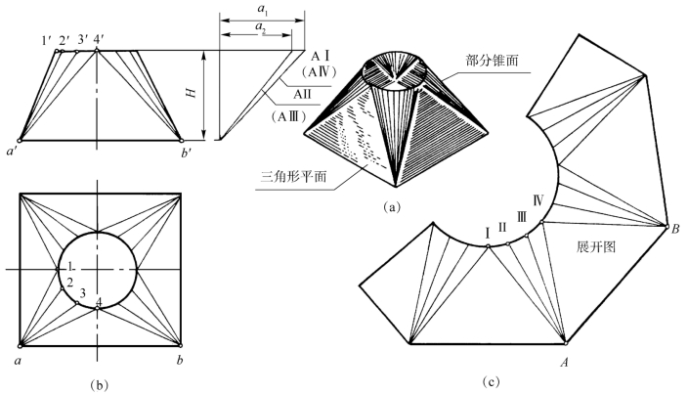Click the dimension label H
(x=193, y=96)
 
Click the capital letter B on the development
(x=674, y=229)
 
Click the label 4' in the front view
(x=99, y=40)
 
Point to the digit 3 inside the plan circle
(x=83, y=293)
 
